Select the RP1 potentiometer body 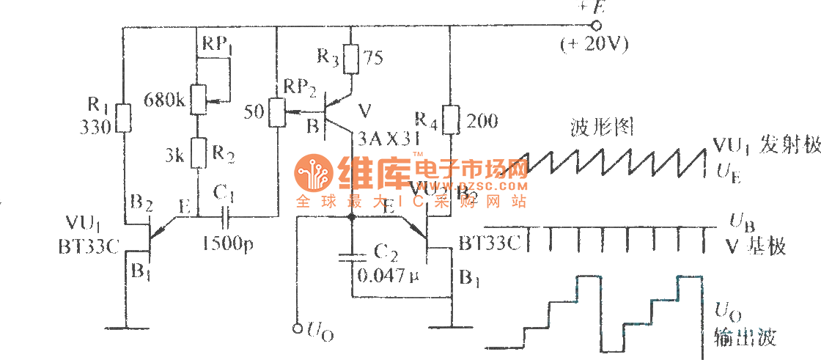[x=199, y=99]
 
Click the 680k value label [x=165, y=98]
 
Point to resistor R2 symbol [x=199, y=154]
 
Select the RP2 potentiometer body [x=277, y=112]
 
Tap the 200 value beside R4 [x=482, y=120]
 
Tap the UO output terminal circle [x=297, y=327]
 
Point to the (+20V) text [x=594, y=45]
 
